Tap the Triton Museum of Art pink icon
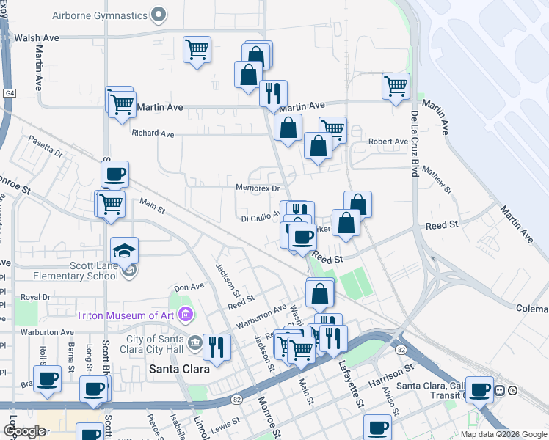pos(185,315)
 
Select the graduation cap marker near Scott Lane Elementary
pos(125,252)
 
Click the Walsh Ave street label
pos(37,37)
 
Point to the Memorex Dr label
pos(258,188)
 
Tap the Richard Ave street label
pos(153,134)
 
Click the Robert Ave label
pos(388,142)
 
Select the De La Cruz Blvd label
pos(415,144)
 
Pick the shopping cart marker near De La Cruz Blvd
pos(396,86)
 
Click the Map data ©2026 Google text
pos(503,434)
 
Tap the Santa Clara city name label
pos(180,369)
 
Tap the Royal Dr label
pos(34,297)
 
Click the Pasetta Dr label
pos(48,145)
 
